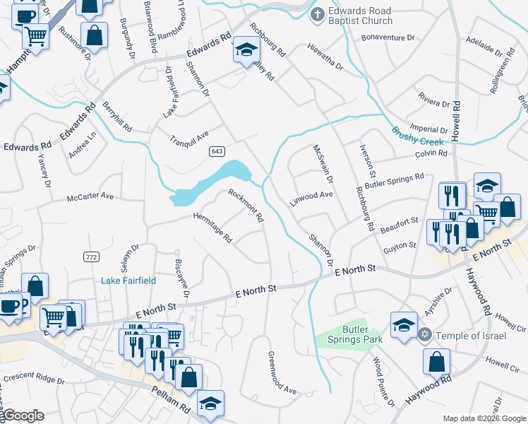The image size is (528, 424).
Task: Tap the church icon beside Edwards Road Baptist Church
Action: pos(318,15)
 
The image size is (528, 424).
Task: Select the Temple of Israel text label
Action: pos(472,335)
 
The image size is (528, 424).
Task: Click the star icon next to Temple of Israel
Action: pos(425,335)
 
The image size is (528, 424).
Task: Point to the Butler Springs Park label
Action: pos(358,334)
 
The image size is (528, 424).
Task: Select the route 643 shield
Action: pos(216,151)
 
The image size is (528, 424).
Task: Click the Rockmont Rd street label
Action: pos(246,205)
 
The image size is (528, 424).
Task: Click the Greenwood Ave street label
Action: pos(282,372)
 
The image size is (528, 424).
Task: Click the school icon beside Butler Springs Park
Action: pos(403,326)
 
